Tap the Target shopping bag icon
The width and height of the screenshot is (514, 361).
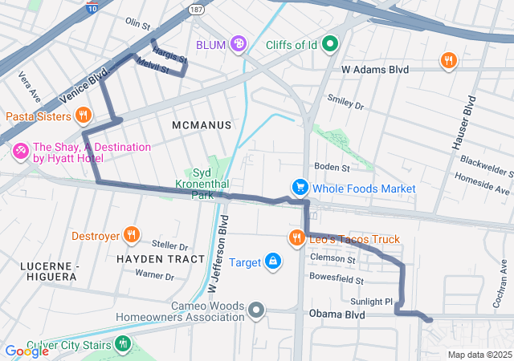pyautogui.click(x=273, y=262)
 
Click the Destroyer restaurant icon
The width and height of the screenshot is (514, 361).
pyautogui.click(x=133, y=236)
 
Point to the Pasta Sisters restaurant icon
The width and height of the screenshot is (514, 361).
pyautogui.click(x=82, y=116)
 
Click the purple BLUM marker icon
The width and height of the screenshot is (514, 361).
pyautogui.click(x=239, y=44)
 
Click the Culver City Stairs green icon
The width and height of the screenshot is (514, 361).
pyautogui.click(x=122, y=345)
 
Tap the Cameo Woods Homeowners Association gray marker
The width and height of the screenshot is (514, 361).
pyautogui.click(x=256, y=310)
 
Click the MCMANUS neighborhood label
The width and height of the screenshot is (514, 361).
pyautogui.click(x=202, y=125)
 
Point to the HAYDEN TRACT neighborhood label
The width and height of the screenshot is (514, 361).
pyautogui.click(x=156, y=259)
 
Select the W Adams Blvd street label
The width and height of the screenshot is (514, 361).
pyautogui.click(x=375, y=70)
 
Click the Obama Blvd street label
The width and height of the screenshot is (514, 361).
pyautogui.click(x=337, y=314)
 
